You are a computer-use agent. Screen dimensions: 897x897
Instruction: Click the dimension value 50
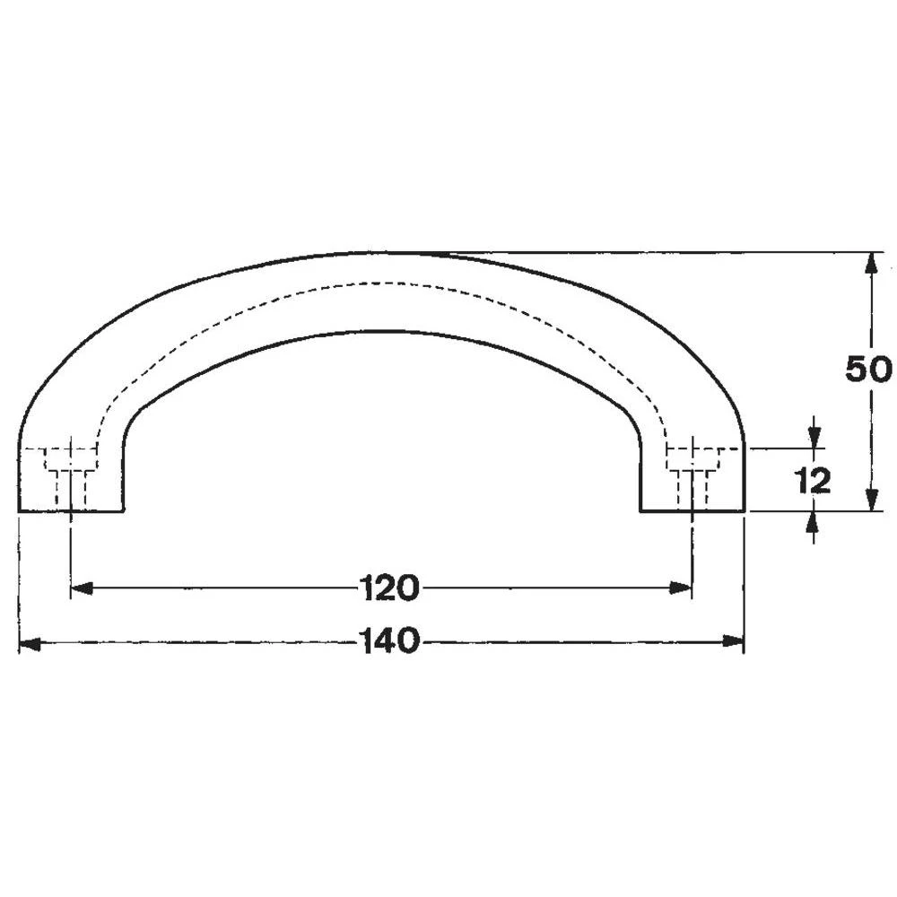(x=868, y=370)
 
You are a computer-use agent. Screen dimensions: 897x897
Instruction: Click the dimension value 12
(x=812, y=482)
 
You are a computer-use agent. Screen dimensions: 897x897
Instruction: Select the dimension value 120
(x=389, y=588)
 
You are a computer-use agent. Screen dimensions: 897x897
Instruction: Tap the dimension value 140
(x=389, y=641)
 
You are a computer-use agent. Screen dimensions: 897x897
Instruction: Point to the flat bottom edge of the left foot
(x=71, y=511)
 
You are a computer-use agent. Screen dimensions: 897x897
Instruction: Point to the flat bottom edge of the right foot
(x=692, y=511)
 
